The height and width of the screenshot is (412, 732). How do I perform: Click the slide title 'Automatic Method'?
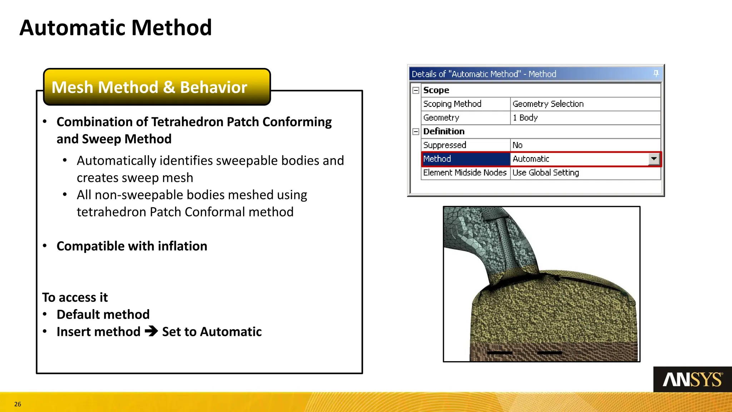[115, 28]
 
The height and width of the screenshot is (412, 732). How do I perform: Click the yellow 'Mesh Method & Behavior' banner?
[157, 87]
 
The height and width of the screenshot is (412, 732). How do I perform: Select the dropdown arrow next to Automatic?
[654, 159]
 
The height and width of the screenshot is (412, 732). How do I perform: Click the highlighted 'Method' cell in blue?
[465, 159]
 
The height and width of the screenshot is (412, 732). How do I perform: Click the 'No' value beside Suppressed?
[517, 145]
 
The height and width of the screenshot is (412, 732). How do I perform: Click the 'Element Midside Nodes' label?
[465, 173]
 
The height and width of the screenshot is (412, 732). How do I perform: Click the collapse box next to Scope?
[416, 90]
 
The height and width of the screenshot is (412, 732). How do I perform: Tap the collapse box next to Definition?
[416, 132]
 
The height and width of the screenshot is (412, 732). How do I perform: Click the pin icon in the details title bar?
[656, 74]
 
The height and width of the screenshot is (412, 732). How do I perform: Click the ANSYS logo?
[692, 379]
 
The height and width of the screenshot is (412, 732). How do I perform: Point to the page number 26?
[18, 404]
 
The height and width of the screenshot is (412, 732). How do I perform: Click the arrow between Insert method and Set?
[151, 331]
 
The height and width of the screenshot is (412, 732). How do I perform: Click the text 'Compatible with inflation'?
[132, 246]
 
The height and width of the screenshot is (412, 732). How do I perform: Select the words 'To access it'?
[75, 297]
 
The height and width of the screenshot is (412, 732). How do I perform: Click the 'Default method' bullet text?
[103, 314]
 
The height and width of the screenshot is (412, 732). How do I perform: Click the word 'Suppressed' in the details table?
[445, 145]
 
